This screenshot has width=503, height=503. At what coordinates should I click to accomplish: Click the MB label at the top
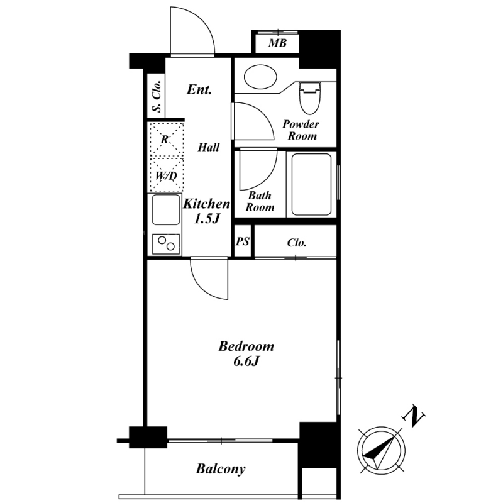click(277, 43)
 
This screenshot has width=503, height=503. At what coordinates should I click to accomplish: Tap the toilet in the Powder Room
click(310, 98)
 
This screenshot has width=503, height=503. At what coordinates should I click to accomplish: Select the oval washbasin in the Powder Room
click(260, 77)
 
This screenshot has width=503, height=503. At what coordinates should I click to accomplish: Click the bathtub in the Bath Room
click(311, 184)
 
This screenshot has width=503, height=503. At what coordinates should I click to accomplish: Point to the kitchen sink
click(166, 209)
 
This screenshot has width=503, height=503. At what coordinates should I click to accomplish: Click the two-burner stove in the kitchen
click(166, 244)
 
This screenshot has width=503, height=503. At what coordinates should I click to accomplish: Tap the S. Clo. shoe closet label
click(156, 96)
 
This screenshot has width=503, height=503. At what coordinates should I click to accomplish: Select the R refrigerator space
click(167, 140)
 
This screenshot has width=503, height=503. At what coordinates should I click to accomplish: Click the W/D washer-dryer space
click(167, 175)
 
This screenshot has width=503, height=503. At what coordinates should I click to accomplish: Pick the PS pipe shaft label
click(243, 241)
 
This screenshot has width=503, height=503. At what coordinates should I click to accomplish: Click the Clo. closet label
click(297, 243)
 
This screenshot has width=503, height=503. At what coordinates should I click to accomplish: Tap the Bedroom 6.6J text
click(246, 353)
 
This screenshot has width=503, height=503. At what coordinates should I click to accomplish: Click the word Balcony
click(221, 469)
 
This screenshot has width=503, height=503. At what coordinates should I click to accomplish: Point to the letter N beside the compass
click(414, 417)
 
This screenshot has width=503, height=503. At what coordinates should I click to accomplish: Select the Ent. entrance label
click(199, 89)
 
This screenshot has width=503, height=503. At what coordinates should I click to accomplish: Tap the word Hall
click(209, 147)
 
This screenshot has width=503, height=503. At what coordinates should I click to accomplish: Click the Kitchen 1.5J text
click(207, 211)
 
